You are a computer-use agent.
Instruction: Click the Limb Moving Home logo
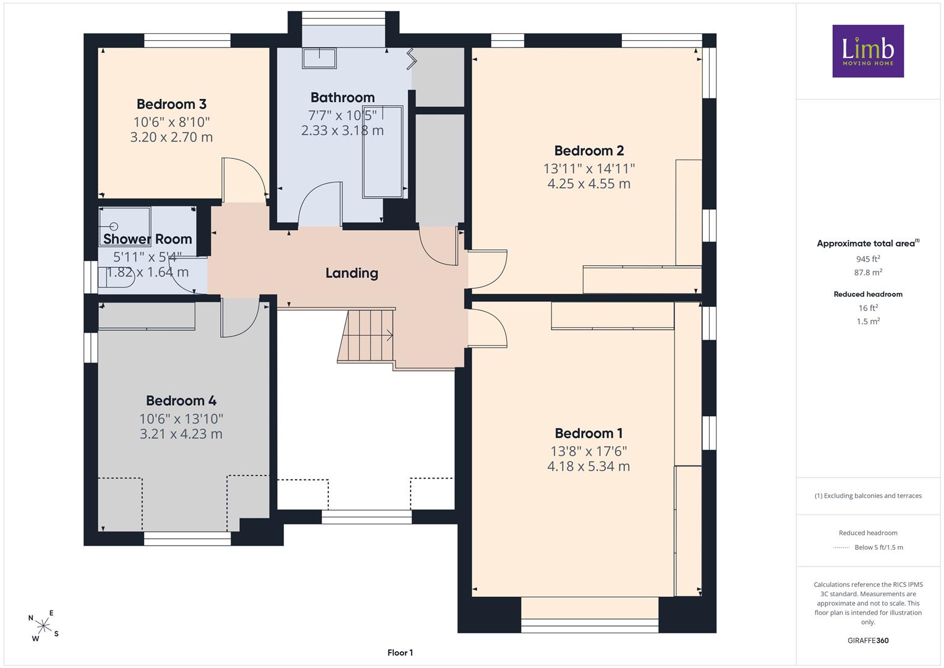click(x=868, y=51)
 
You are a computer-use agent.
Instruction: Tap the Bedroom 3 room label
click(x=171, y=104)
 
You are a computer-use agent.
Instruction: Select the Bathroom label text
click(x=342, y=98)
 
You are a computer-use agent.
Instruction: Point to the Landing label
click(x=352, y=273)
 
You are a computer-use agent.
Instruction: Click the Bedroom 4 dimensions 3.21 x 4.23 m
click(x=181, y=434)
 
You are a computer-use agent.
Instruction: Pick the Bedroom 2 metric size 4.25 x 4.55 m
click(x=589, y=184)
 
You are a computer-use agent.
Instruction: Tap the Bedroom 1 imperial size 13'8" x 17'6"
click(x=589, y=452)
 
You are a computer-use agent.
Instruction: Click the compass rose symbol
click(x=43, y=626)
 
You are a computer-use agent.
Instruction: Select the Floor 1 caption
click(x=400, y=653)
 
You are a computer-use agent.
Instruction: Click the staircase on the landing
click(x=365, y=336)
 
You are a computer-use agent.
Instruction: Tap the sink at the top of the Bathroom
click(x=319, y=58)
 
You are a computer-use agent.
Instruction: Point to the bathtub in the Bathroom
click(x=383, y=152)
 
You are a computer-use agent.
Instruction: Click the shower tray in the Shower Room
click(x=124, y=226)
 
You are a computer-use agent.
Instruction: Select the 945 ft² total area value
click(x=868, y=259)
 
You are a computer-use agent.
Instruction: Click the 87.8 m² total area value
click(x=868, y=272)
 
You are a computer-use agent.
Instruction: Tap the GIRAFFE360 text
click(x=868, y=640)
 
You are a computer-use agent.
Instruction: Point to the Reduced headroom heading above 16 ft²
click(x=868, y=294)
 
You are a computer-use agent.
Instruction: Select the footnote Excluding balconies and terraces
click(x=868, y=495)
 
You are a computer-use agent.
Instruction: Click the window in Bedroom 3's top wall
click(x=187, y=40)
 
